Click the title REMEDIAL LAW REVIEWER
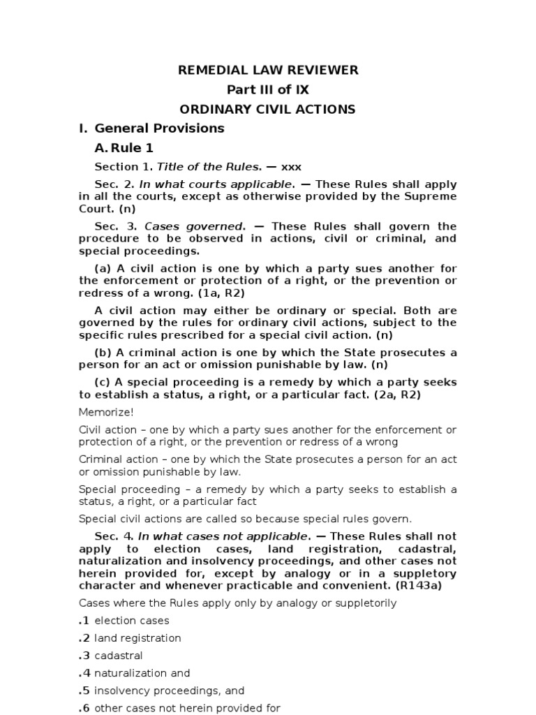(x=268, y=70)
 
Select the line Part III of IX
(x=268, y=89)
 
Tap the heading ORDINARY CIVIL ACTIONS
(x=268, y=109)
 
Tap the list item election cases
(x=132, y=620)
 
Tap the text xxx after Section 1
(x=291, y=167)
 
